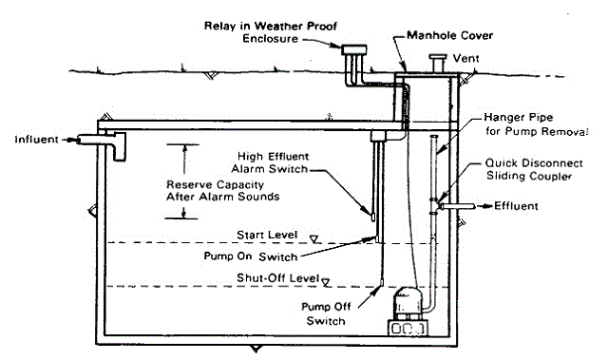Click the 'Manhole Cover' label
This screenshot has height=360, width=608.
[x=449, y=36]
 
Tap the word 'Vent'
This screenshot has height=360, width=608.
[x=466, y=59]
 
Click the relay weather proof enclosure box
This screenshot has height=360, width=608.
[x=354, y=50]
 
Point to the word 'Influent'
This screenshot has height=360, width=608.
[x=36, y=140]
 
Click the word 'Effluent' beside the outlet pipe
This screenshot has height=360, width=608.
[x=516, y=206]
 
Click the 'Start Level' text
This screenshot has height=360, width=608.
[x=267, y=235]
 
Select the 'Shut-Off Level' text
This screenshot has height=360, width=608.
[x=277, y=278]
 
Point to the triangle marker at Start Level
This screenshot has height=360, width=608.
[x=314, y=239]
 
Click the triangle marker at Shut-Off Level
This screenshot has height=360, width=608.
[x=327, y=283]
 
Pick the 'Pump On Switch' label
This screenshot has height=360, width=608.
[x=251, y=256]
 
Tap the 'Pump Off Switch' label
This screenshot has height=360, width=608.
[x=326, y=313]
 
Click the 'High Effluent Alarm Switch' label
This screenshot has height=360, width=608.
[x=270, y=162]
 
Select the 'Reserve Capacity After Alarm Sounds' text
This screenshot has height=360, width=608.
[x=222, y=191]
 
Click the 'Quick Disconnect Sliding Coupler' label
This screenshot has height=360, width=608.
[x=534, y=169]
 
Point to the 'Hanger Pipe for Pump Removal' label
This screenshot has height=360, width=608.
[x=537, y=124]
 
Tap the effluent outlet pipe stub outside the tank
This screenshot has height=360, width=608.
[x=457, y=206]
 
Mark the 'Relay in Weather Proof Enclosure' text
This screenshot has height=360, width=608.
[x=271, y=32]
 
